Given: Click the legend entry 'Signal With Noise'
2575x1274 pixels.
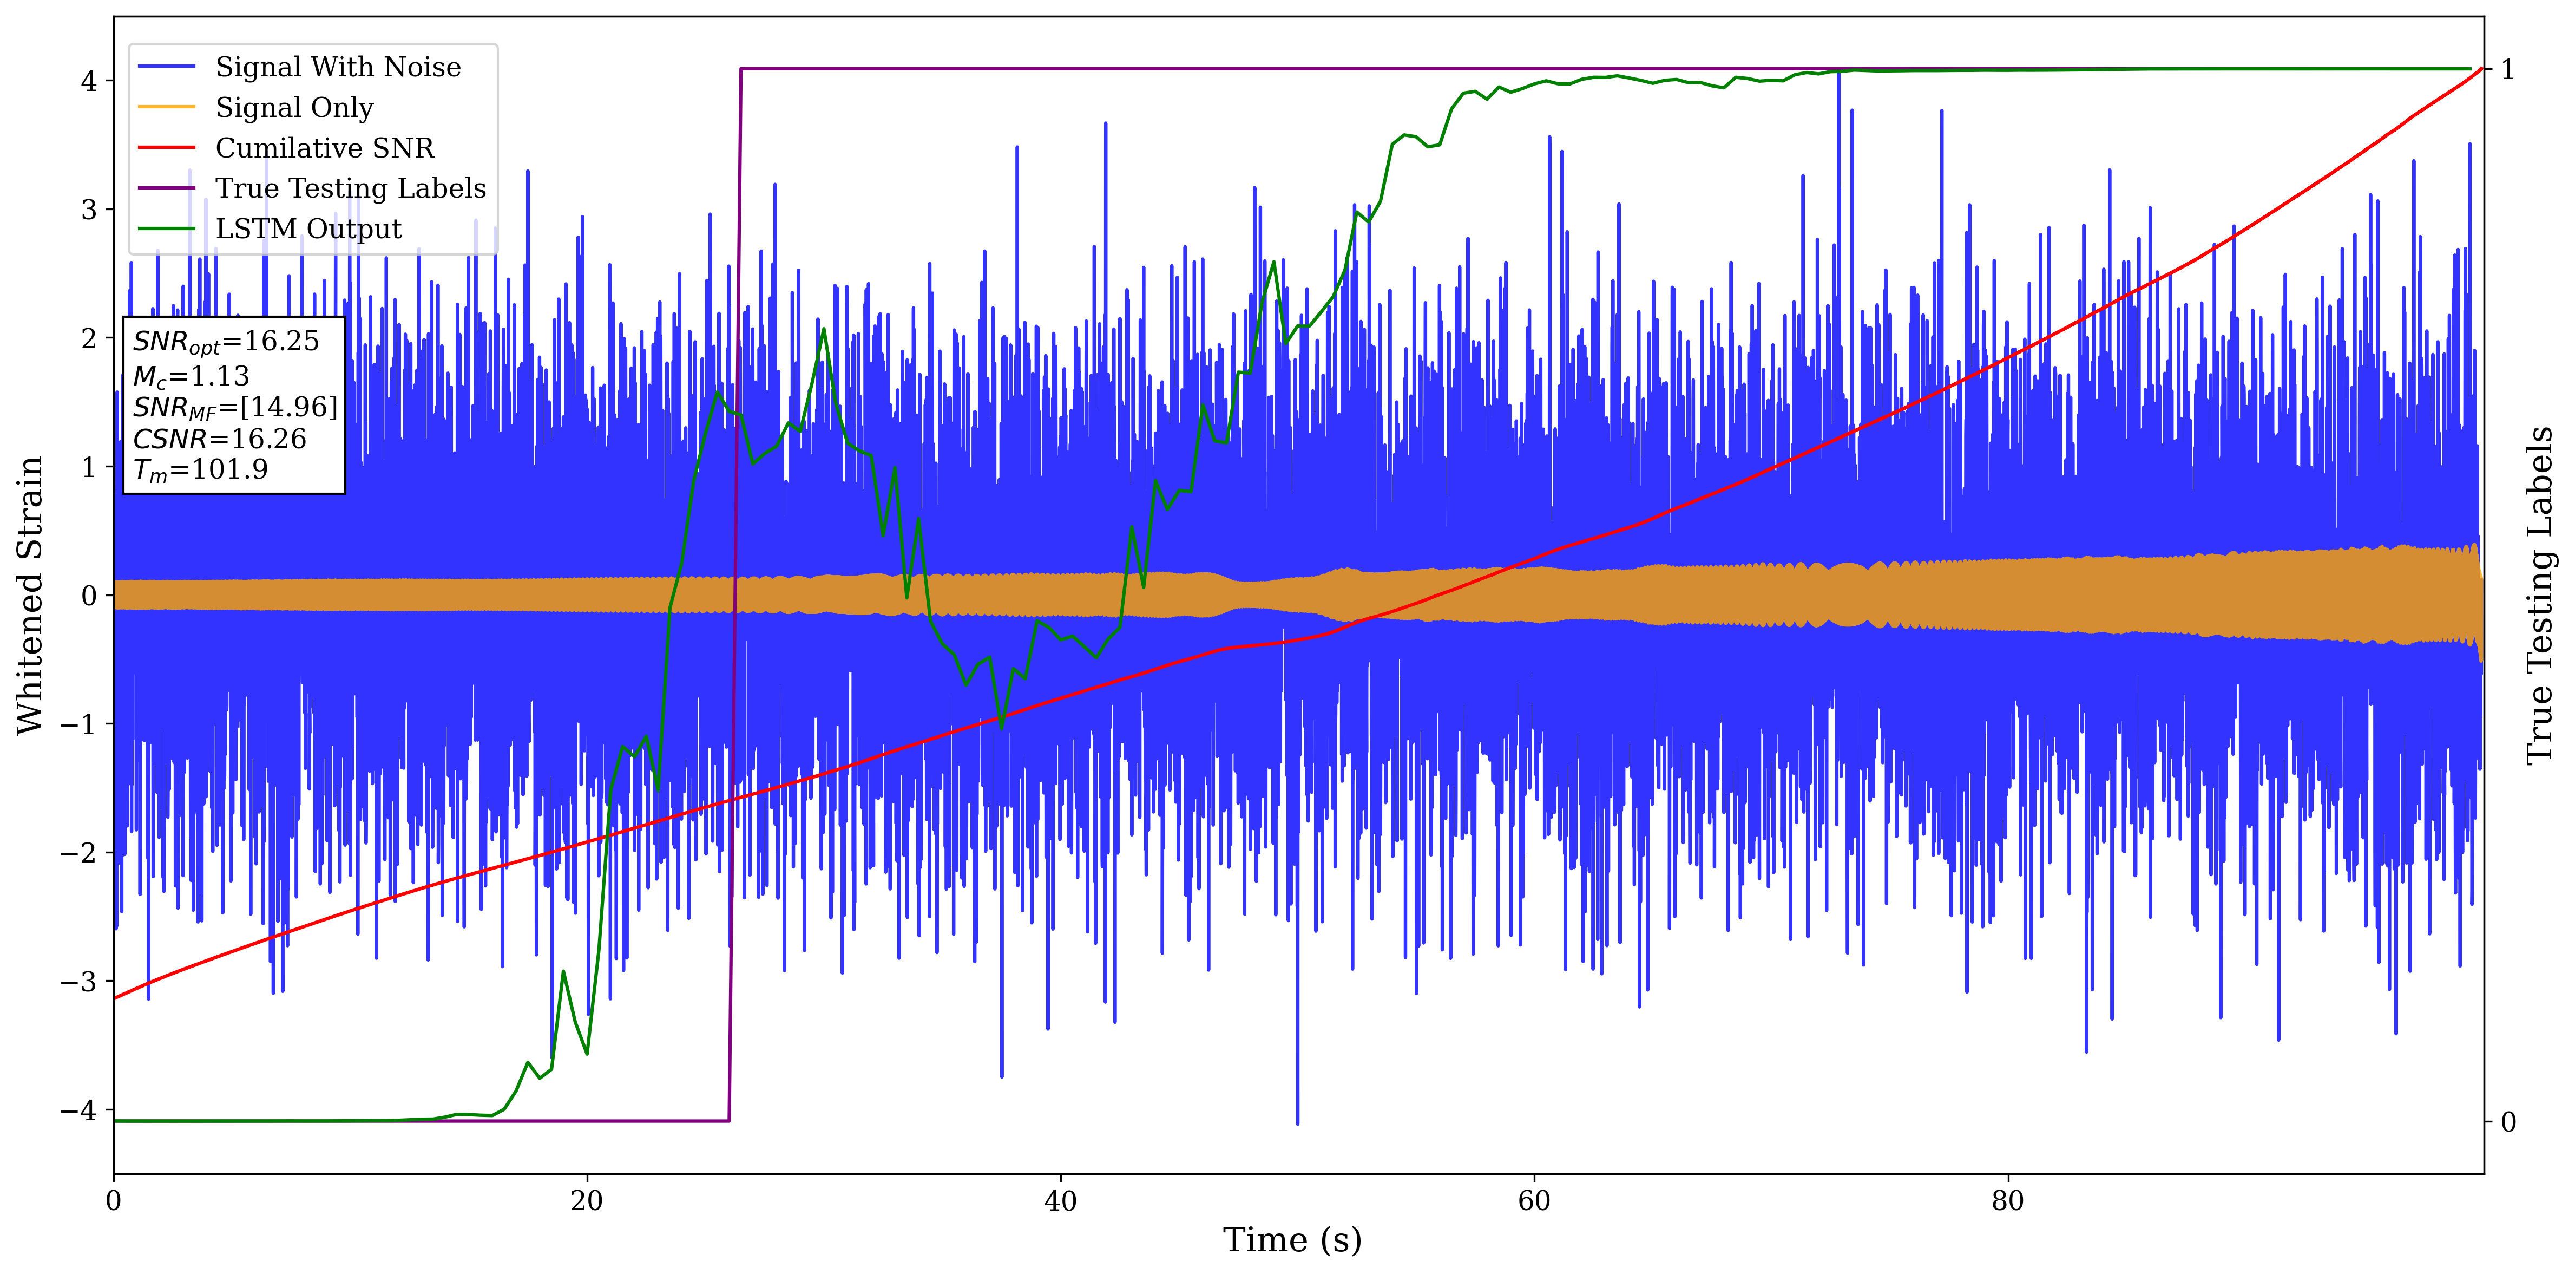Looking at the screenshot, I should point(338,67).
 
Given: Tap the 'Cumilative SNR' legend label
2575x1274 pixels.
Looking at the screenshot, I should point(325,148).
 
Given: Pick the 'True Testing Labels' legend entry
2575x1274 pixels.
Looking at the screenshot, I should point(350,189).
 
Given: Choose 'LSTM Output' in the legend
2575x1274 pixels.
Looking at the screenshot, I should point(308,229).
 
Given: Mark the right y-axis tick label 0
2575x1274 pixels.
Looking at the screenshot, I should point(2507,1122).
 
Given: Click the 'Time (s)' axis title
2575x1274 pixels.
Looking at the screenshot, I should point(1291,1240).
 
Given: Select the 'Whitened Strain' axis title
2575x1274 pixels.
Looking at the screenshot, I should point(30,595).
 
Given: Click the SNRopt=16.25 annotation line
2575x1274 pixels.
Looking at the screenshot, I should point(226,342).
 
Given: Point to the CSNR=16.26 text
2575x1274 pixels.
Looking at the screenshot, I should point(219,439).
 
